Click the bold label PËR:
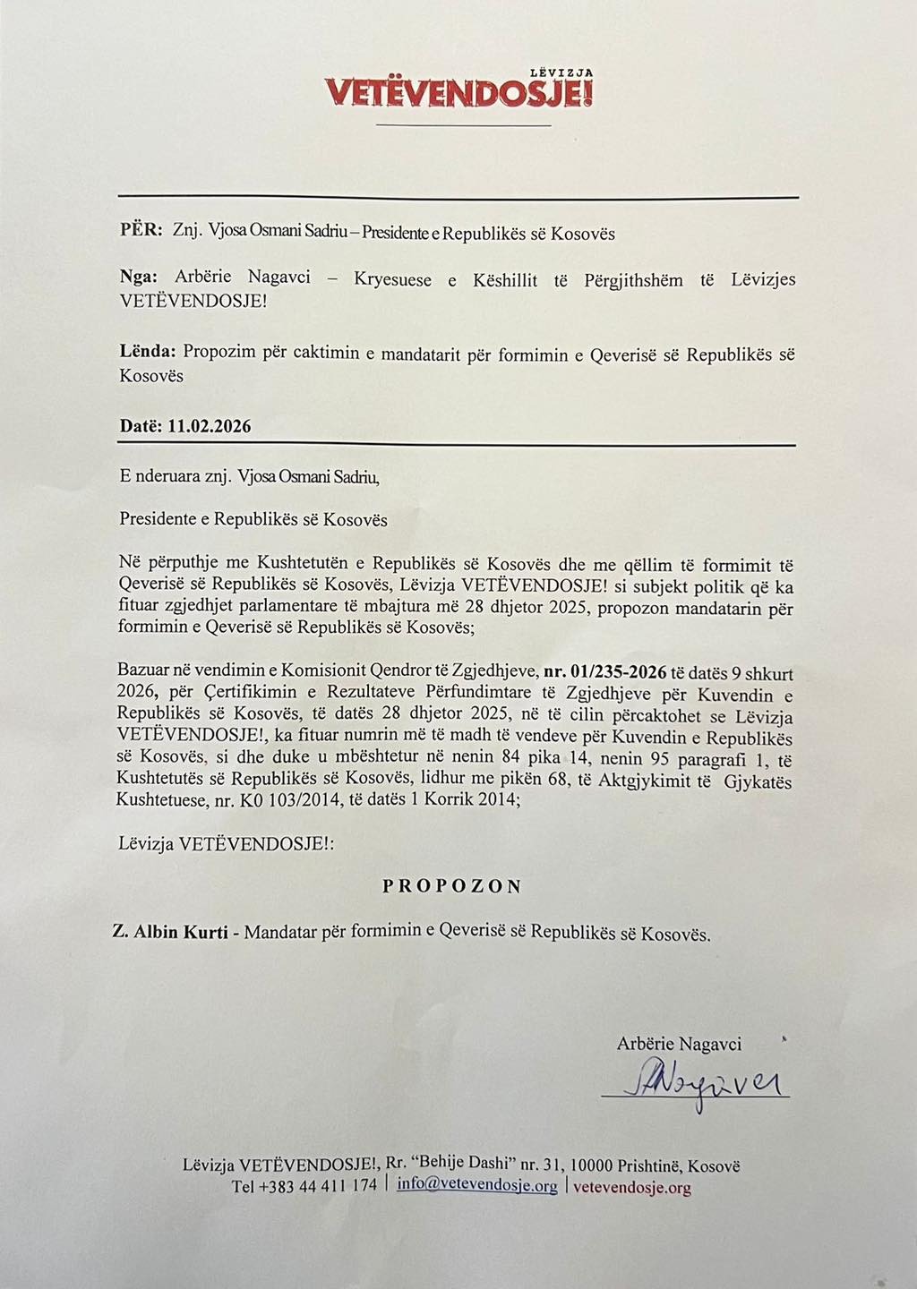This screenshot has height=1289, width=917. [x=141, y=230]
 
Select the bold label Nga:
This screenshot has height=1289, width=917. [x=139, y=277]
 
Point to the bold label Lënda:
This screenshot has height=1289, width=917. [x=147, y=354]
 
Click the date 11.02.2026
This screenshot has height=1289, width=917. [x=210, y=426]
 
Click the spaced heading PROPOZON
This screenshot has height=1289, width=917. [x=452, y=886]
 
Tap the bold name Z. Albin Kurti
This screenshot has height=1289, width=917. [x=170, y=933]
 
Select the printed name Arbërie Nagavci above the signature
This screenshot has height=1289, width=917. [x=679, y=1044]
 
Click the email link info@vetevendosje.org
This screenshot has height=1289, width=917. [x=476, y=1186]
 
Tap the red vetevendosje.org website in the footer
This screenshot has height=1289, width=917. [x=631, y=1188]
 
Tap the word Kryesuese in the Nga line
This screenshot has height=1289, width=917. [x=391, y=280]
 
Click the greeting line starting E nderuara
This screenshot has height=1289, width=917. [x=250, y=478]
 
